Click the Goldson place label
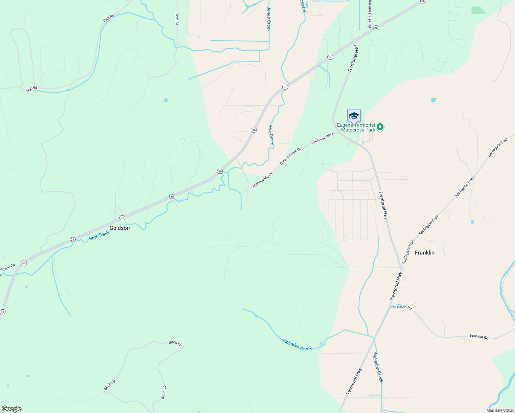pos(119,228)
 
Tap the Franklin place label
pos(424,253)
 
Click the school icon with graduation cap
pos(354,116)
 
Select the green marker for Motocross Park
pos(380,127)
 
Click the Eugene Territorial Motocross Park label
pos(356,127)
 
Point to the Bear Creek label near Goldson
pos(99,235)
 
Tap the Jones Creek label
pos(269,19)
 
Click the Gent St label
pos(177,19)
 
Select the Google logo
pos(11,409)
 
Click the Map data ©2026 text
pos(500,410)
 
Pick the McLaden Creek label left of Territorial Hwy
pos(297,345)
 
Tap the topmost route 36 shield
pos(423,1)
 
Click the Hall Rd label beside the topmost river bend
pos(108,18)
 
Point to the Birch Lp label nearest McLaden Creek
pos(175,343)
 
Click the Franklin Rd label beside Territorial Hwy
pos(402,307)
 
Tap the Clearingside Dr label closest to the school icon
pos(323,138)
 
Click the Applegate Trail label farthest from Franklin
pos(498,148)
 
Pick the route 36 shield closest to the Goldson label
pos(122,218)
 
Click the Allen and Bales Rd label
pos(369,14)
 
